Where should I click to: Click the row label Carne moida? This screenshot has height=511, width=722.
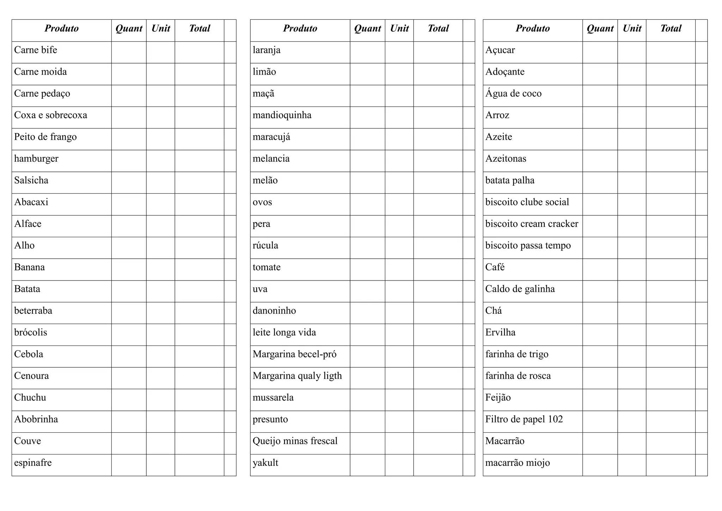tap(41, 72)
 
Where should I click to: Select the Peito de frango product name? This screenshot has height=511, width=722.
tap(45, 137)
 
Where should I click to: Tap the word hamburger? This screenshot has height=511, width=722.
tap(36, 159)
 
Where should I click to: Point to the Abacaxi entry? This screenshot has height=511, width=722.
tap(31, 202)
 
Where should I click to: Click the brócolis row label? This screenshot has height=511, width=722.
tap(31, 332)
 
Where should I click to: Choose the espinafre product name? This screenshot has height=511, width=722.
tap(33, 463)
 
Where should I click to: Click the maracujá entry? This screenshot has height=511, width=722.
tap(271, 137)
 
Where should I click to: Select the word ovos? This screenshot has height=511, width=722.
tap(262, 202)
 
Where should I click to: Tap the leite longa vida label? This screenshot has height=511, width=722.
tap(284, 332)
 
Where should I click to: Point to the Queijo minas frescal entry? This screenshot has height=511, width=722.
tap(295, 441)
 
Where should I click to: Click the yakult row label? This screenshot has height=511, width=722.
tap(265, 463)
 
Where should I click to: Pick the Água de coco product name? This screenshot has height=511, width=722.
tap(513, 94)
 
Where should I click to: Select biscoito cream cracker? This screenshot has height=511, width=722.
tap(532, 224)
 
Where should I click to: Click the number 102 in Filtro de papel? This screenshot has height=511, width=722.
tap(555, 419)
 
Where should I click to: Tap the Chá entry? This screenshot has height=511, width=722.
tap(494, 311)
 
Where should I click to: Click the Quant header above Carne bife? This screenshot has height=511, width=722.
tap(129, 29)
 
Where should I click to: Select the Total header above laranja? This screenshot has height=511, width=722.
tap(438, 29)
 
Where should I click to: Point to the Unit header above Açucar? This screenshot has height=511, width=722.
tap(632, 29)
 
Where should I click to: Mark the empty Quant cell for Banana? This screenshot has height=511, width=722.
tap(129, 270)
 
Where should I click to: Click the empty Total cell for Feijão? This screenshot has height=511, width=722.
tap(671, 400)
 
